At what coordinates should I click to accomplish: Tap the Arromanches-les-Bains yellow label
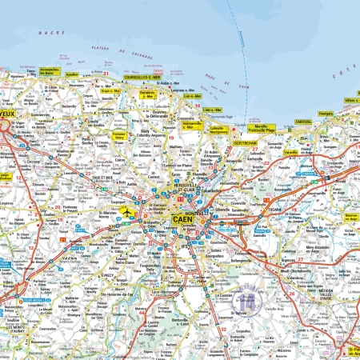(49, 71)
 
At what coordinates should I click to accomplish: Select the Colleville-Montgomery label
(218, 129)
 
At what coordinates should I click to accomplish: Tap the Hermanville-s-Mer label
(194, 126)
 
